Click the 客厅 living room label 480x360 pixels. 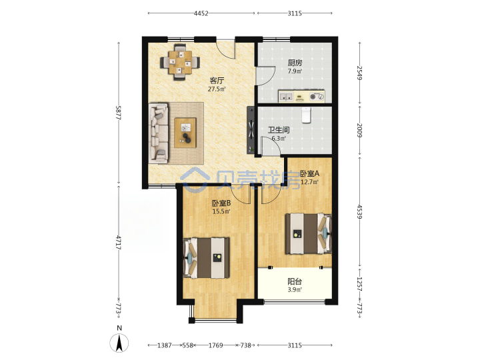point(217,81)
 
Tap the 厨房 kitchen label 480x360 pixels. point(295,63)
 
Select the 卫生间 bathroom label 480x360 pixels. point(279,130)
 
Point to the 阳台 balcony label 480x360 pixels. point(295,281)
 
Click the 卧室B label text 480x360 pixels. point(221,203)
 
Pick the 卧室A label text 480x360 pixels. point(309,173)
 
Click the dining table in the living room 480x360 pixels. point(180,63)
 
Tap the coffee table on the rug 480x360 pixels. point(185,133)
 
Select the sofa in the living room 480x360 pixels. point(159,133)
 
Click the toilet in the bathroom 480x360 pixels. point(306,115)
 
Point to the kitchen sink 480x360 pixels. point(286,97)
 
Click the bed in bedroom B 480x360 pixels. point(206,258)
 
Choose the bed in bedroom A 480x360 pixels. point(308,233)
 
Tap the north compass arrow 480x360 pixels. point(119,343)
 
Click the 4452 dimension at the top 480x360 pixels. point(201,13)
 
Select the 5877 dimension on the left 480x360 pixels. point(119,113)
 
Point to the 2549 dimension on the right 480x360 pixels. point(360,73)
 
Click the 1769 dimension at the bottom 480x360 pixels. point(216,345)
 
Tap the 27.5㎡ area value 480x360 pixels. point(217,89)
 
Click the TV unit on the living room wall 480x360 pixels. point(251,130)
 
